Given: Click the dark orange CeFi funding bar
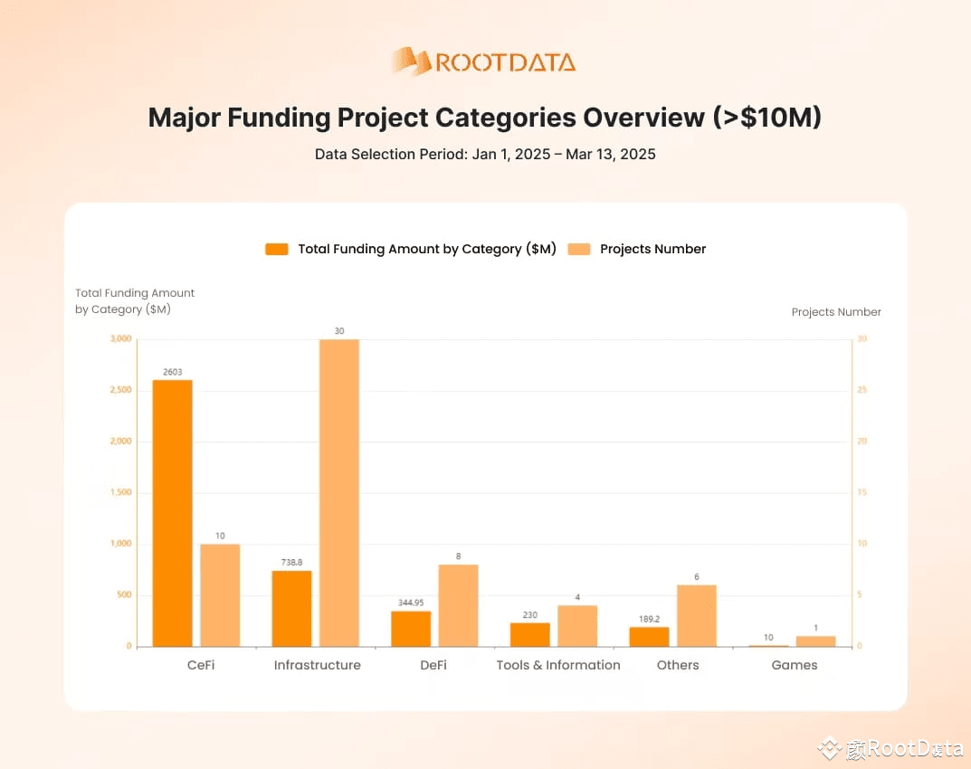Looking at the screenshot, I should click(x=172, y=513).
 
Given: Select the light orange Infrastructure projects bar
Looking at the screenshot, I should click(x=339, y=493).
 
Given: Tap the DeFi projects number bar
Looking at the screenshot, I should click(x=458, y=605).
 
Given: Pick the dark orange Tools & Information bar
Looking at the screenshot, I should click(x=529, y=634).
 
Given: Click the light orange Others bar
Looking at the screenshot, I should click(x=696, y=615).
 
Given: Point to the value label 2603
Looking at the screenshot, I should click(x=172, y=372).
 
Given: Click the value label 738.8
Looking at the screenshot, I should click(x=291, y=563).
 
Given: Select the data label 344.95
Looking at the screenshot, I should click(x=411, y=603).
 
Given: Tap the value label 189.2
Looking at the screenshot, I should click(x=649, y=619).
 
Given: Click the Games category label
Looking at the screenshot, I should click(x=794, y=665).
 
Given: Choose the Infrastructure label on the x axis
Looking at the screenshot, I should click(x=317, y=665).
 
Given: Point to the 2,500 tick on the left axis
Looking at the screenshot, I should click(x=119, y=390).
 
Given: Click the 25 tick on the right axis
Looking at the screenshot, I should click(x=862, y=390).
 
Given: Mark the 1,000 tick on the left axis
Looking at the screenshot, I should click(x=119, y=544).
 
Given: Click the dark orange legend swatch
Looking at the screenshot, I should click(x=276, y=249).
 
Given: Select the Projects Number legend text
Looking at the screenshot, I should click(x=652, y=249).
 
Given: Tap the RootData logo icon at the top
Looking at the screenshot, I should click(x=412, y=62).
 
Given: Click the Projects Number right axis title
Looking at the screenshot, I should click(x=836, y=312).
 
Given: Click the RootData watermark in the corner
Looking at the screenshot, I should click(x=890, y=748).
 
